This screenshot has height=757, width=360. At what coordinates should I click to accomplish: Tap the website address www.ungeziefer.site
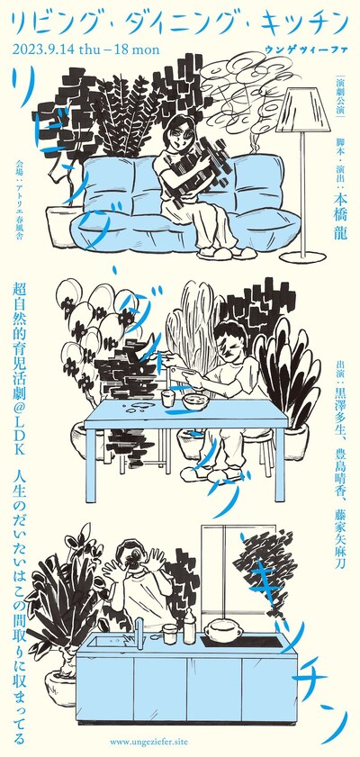[x=149, y=741]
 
